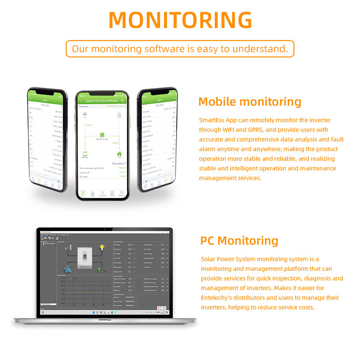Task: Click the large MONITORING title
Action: (x=181, y=20)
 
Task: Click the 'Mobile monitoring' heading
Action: (x=250, y=101)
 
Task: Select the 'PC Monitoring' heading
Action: (x=239, y=240)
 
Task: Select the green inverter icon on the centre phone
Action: (x=102, y=136)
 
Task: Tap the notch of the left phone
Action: (x=46, y=91)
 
